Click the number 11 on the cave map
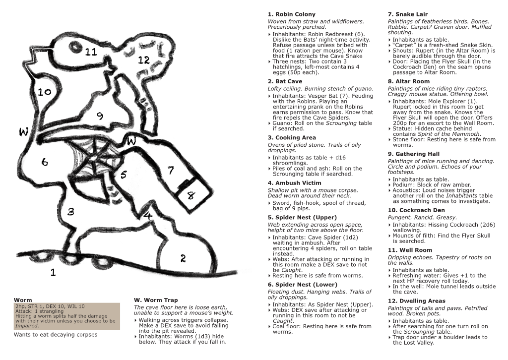tap(91, 52)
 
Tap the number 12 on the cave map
tap(144, 60)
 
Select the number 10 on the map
tap(44, 92)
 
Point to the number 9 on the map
tap(100, 116)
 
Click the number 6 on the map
tap(45, 162)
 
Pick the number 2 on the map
tap(183, 258)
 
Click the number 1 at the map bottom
tap(53, 272)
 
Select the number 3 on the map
tap(71, 212)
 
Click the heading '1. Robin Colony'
tap(291, 14)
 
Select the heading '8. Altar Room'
tap(408, 81)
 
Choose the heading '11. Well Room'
tap(410, 250)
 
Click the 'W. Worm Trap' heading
tap(156, 300)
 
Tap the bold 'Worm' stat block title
tap(23, 300)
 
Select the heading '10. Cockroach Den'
tap(416, 210)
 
